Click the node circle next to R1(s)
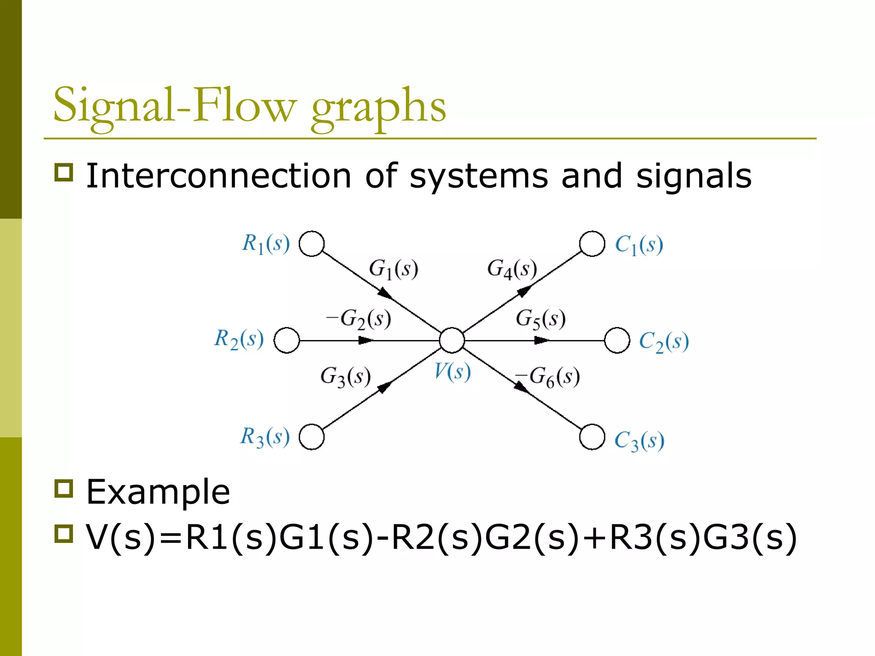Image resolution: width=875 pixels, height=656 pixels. point(311,244)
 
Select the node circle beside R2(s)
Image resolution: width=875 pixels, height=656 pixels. point(287,340)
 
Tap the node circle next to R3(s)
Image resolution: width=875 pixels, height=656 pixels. point(311,437)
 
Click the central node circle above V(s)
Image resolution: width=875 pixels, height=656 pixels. point(452,340)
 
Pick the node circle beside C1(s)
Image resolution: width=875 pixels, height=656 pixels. point(592,244)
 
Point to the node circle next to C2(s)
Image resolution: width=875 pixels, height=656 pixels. point(617,340)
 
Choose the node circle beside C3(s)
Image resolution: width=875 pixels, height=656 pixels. point(592,437)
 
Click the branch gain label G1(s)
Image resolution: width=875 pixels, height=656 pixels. point(393,269)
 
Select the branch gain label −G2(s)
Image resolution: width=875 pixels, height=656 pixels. point(358,319)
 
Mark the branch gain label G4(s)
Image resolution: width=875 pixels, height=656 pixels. point(512,269)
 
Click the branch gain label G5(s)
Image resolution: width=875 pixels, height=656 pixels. point(540,319)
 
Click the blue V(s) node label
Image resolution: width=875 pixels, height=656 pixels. point(452,372)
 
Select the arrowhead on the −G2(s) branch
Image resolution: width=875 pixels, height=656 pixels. point(366,340)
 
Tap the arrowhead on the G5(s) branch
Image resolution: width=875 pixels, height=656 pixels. point(542,340)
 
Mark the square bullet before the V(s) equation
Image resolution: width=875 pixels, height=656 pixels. point(64,534)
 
